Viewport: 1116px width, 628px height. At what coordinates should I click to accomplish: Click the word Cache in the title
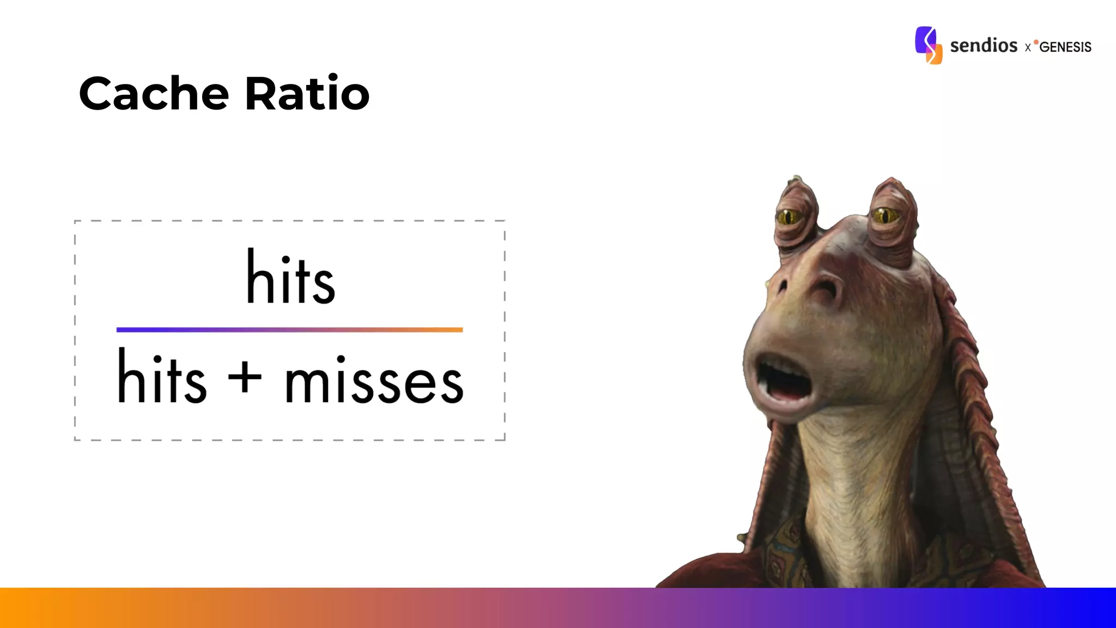click(154, 94)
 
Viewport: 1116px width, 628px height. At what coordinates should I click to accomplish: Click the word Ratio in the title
click(307, 94)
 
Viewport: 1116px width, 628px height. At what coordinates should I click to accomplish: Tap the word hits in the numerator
click(290, 278)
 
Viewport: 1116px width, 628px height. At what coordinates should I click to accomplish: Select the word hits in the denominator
click(162, 378)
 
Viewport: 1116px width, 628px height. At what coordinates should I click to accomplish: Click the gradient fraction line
click(289, 330)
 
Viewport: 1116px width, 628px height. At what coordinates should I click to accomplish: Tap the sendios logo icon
click(929, 45)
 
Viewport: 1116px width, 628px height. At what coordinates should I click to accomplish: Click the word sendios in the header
click(984, 45)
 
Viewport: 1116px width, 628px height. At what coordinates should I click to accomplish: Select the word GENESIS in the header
click(1065, 47)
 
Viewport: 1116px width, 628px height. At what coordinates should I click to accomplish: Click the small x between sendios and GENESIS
click(1028, 48)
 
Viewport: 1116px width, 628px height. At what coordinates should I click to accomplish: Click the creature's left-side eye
click(788, 218)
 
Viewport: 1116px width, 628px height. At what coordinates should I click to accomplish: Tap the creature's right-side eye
click(885, 216)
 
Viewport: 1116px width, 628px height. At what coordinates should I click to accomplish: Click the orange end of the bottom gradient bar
click(22, 608)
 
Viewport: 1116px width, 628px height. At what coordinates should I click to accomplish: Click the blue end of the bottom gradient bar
click(1095, 608)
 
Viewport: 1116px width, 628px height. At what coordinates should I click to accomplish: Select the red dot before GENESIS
click(1036, 42)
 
